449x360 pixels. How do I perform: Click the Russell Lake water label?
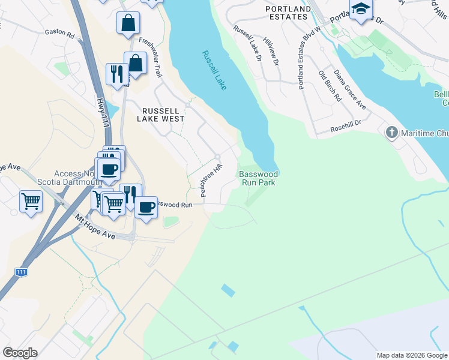click(214, 71)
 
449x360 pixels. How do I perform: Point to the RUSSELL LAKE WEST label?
click(161, 115)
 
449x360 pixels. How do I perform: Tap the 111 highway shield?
click(22, 272)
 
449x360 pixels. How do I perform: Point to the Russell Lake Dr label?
click(247, 44)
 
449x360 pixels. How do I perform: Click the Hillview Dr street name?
click(273, 53)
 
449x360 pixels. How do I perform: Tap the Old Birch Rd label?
click(330, 86)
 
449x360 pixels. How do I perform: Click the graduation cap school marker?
click(361, 9)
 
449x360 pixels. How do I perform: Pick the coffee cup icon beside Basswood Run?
click(146, 207)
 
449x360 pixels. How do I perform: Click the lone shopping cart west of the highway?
click(31, 200)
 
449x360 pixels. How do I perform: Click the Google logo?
click(20, 353)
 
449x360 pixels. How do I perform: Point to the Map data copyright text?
click(411, 355)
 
